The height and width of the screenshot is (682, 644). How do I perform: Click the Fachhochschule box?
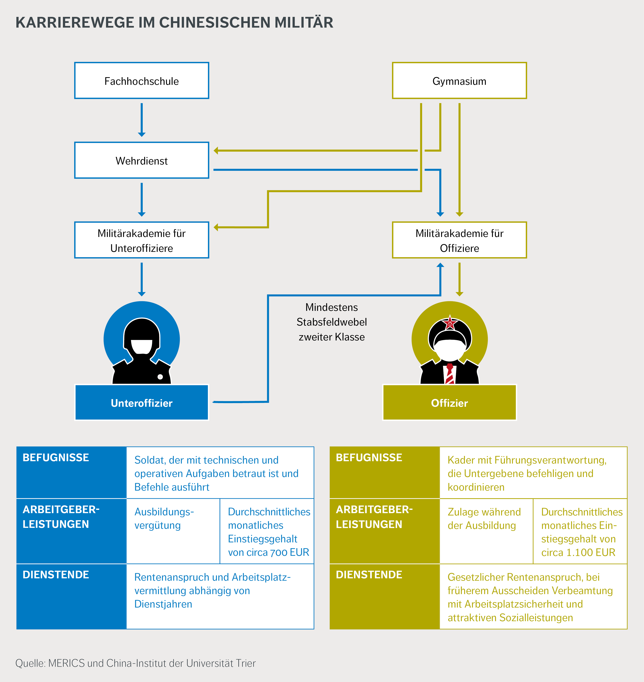(x=141, y=81)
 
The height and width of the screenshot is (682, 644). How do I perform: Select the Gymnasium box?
(x=459, y=81)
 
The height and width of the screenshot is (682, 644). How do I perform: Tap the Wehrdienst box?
(x=141, y=161)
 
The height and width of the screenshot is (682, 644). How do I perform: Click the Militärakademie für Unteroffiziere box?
(x=141, y=240)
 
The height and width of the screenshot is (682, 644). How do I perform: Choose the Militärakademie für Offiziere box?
(x=459, y=240)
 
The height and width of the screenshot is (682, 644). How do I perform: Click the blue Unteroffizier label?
(x=141, y=403)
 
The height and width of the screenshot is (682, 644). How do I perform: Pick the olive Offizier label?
(x=449, y=403)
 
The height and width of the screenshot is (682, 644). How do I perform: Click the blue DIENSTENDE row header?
(x=71, y=596)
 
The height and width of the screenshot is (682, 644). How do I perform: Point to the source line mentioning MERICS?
(x=136, y=663)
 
